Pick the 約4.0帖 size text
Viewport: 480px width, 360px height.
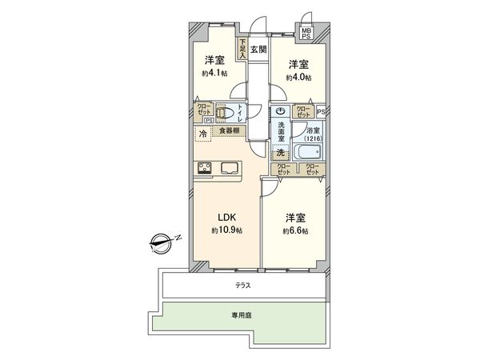point(299,77)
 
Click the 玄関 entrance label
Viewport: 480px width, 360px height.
point(258,50)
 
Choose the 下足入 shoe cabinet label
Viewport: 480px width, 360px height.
point(242,50)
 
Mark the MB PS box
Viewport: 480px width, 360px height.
point(306,33)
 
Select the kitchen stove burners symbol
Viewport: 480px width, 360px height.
point(204,168)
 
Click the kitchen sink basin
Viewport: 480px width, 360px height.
point(228,168)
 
